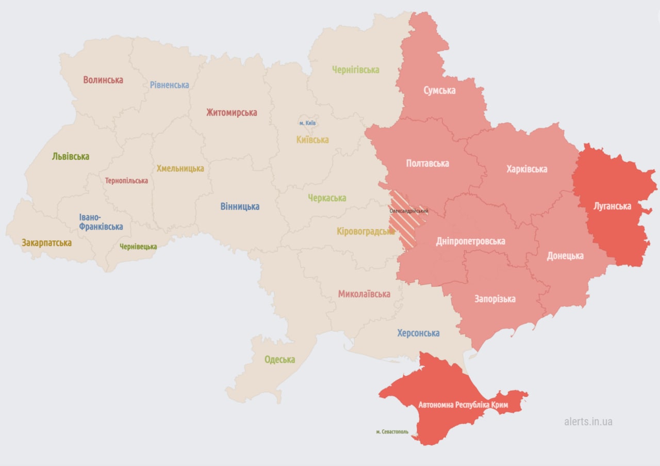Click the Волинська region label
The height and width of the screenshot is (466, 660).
[103, 80]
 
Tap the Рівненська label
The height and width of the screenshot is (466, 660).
[170, 85]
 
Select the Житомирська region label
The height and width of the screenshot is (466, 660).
[232, 113]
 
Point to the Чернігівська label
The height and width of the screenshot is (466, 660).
[356, 70]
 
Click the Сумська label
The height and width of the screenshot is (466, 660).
[439, 90]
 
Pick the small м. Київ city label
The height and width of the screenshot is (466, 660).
[308, 123]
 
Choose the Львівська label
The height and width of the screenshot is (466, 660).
[71, 156]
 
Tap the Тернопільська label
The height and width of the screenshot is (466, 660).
[126, 181]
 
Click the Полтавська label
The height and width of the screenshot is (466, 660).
[427, 164]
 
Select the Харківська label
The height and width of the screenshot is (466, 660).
[526, 169]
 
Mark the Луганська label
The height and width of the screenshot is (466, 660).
[612, 206]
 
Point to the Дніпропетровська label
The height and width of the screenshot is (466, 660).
[470, 241]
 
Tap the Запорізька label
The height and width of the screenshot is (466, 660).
[495, 299]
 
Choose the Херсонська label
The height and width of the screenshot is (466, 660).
[418, 333]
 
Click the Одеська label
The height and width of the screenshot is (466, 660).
[279, 360]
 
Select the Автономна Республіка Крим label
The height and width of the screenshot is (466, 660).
[463, 405]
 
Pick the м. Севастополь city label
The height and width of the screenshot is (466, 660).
[392, 431]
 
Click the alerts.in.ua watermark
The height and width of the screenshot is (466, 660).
[588, 422]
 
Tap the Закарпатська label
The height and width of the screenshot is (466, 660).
[46, 243]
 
